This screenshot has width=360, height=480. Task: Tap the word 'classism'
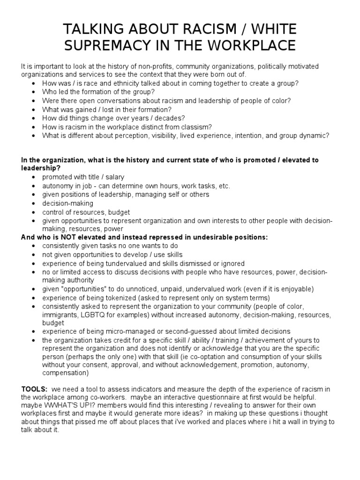click(197, 127)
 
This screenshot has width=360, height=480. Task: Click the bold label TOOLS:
click(34, 389)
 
